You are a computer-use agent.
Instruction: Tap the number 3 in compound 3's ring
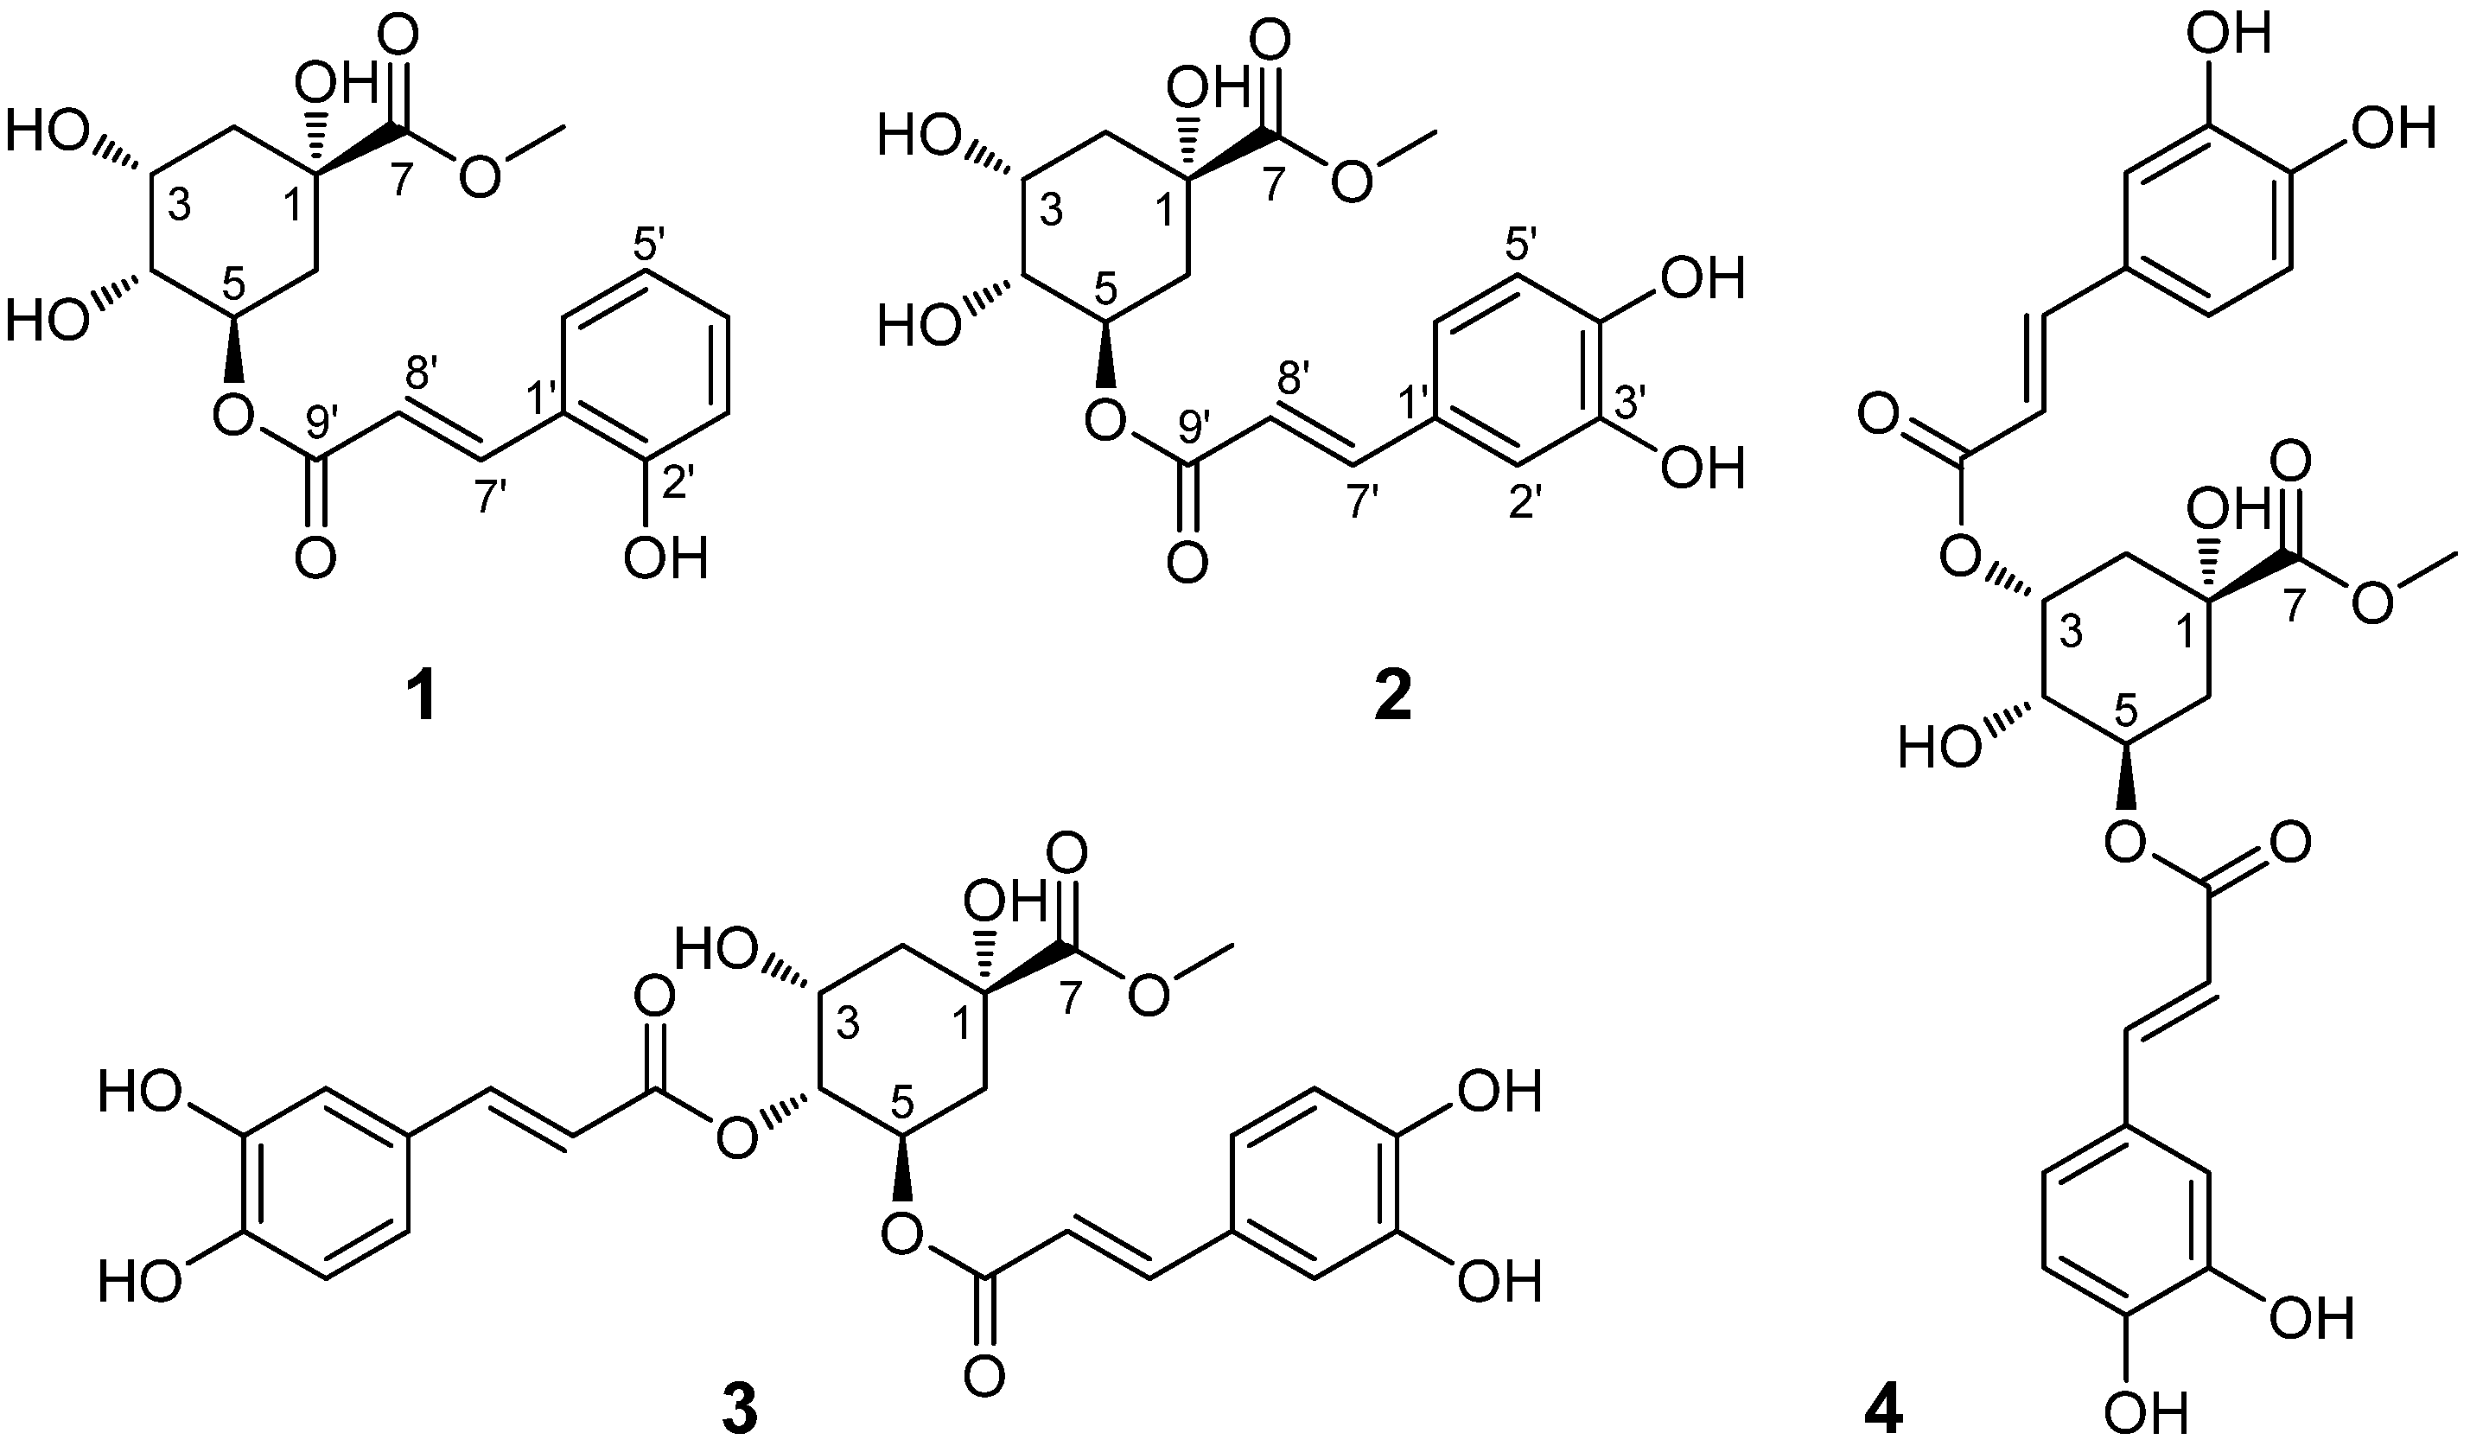[848, 1025]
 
